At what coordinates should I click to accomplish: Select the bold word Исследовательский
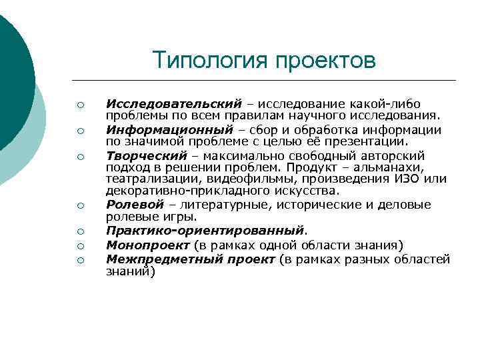pyautogui.click(x=173, y=104)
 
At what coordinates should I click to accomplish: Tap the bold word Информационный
pyautogui.click(x=170, y=129)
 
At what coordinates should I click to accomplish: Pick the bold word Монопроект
pyautogui.click(x=143, y=245)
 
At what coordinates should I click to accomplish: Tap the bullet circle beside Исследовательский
pyautogui.click(x=79, y=105)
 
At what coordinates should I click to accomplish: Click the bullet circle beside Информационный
pyautogui.click(x=79, y=131)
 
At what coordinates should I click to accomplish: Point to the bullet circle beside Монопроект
pyautogui.click(x=79, y=245)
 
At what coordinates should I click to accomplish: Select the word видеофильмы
pyautogui.click(x=232, y=179)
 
